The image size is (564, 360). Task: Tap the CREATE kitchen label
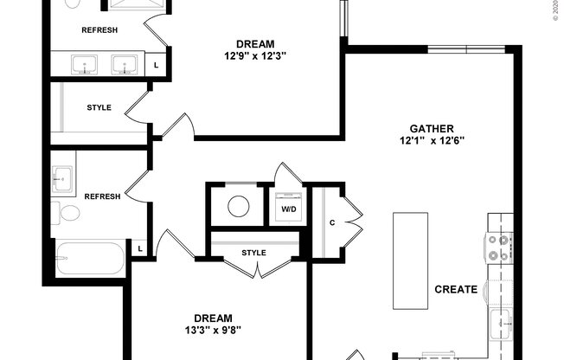(456, 289)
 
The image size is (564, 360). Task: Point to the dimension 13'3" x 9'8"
(212, 330)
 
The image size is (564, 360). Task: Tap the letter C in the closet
(331, 221)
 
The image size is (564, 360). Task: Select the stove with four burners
(499, 248)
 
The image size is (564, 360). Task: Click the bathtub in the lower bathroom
(90, 259)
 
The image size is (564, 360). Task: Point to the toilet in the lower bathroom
(67, 213)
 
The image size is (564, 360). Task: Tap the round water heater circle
(238, 206)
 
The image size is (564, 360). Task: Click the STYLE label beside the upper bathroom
(99, 108)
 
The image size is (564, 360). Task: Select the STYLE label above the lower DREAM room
(253, 253)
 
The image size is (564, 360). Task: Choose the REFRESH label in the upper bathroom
(99, 30)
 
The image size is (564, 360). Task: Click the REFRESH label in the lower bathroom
(102, 196)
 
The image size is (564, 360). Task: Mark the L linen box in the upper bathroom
(156, 65)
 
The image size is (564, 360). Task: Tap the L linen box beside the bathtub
(138, 250)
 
